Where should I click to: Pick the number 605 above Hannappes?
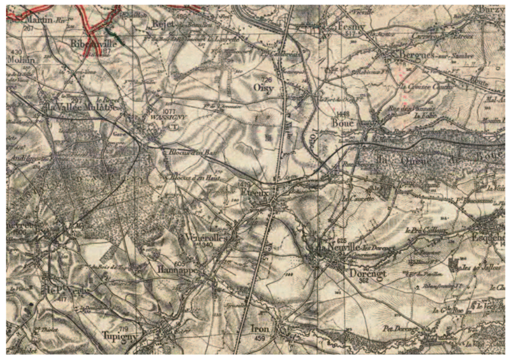(x=179, y=262)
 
